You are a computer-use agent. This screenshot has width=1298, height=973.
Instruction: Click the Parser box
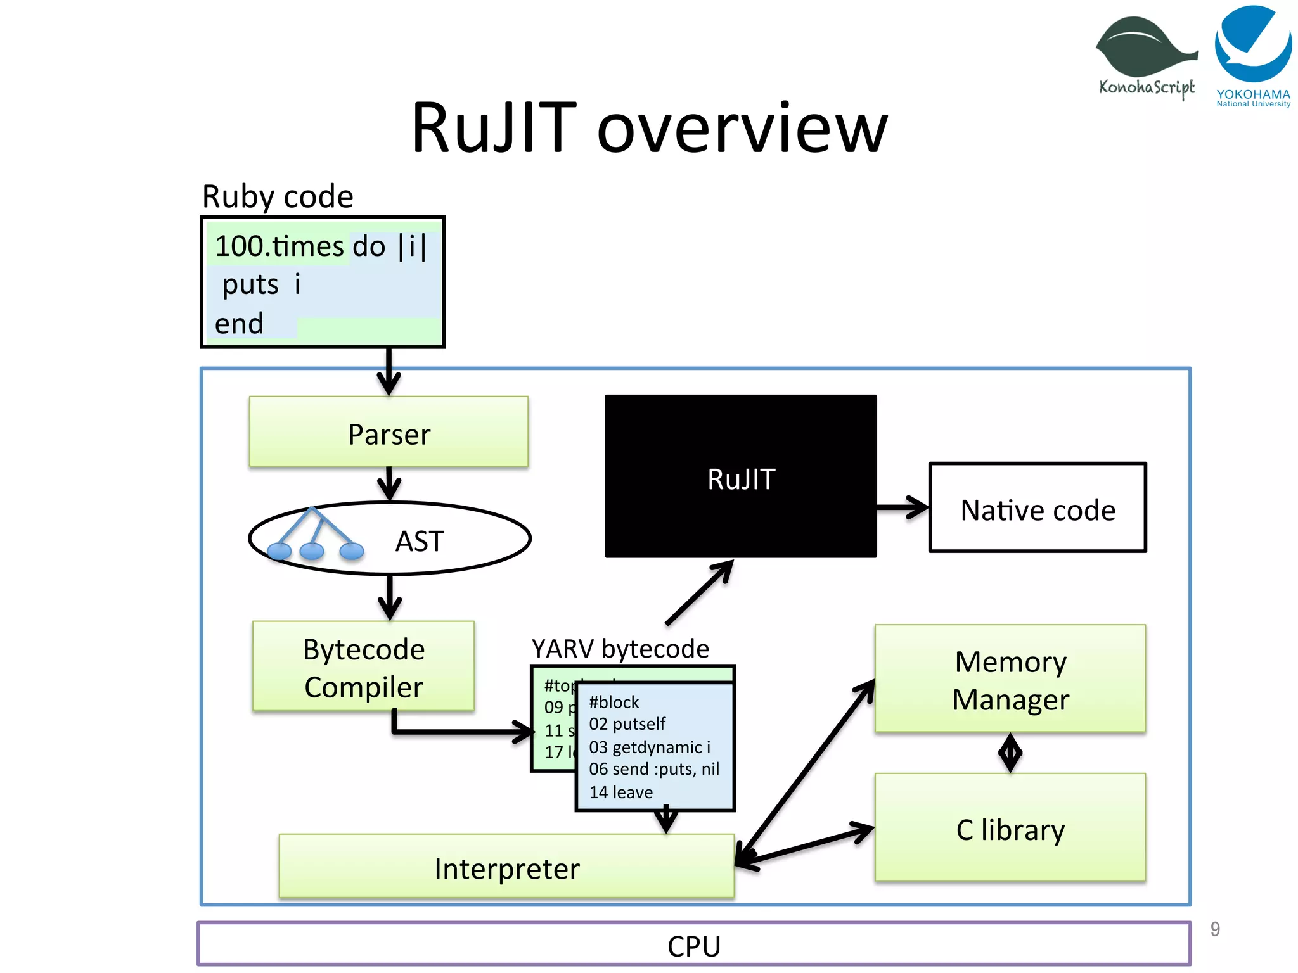coord(389,433)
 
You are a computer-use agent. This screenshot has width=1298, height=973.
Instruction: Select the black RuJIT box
coord(740,476)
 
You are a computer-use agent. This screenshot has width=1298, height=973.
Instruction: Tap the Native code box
coord(1037,508)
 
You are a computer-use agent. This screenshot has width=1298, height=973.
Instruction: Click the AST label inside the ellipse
coord(419,541)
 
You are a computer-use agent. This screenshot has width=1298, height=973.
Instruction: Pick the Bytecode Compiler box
coord(363,666)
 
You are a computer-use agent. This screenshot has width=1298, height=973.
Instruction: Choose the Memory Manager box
coord(1010,679)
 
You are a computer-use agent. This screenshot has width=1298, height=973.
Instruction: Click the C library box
coord(1010,828)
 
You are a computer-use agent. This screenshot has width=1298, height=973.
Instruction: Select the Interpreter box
coord(506,867)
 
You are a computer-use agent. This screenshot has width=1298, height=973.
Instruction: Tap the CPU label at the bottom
coord(693,945)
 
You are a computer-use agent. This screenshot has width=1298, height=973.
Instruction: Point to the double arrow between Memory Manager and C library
coord(1010,753)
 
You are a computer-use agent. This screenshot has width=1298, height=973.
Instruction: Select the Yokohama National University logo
coord(1253,56)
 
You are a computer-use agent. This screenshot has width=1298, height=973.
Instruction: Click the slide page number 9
coord(1214,929)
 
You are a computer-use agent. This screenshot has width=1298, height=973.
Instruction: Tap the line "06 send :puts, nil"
coord(654,769)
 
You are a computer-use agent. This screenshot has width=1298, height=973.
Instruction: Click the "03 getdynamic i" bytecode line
coord(650,747)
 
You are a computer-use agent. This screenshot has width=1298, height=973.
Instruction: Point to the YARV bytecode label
coord(620,649)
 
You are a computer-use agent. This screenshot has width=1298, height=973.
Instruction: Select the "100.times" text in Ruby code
coord(279,246)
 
